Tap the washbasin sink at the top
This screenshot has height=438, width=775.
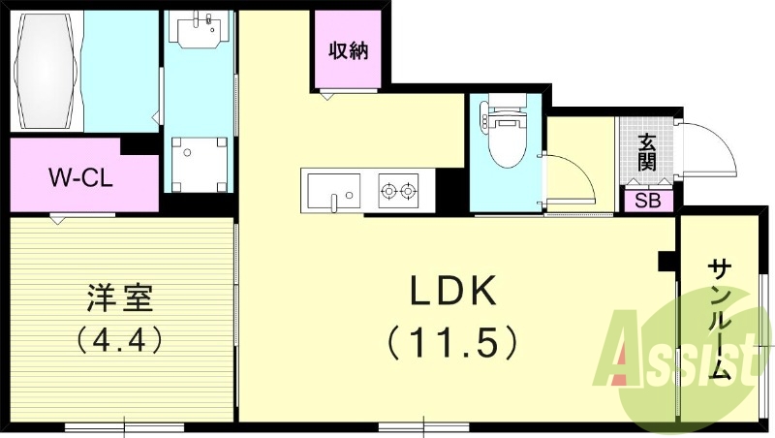(200, 29)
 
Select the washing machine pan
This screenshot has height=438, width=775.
(200, 165)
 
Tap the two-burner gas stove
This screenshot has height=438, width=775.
(398, 190)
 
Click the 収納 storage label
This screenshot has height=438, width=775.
(349, 50)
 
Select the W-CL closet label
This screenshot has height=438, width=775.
(80, 177)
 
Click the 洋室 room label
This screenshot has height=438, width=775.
(120, 297)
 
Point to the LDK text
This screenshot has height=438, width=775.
(452, 291)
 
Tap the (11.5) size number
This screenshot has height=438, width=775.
(452, 342)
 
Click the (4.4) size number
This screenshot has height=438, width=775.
(120, 339)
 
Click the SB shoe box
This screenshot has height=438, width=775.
(647, 202)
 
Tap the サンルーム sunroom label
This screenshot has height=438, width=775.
(720, 321)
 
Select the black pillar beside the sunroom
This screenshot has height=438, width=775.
(666, 261)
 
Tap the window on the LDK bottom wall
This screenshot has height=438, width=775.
(424, 426)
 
